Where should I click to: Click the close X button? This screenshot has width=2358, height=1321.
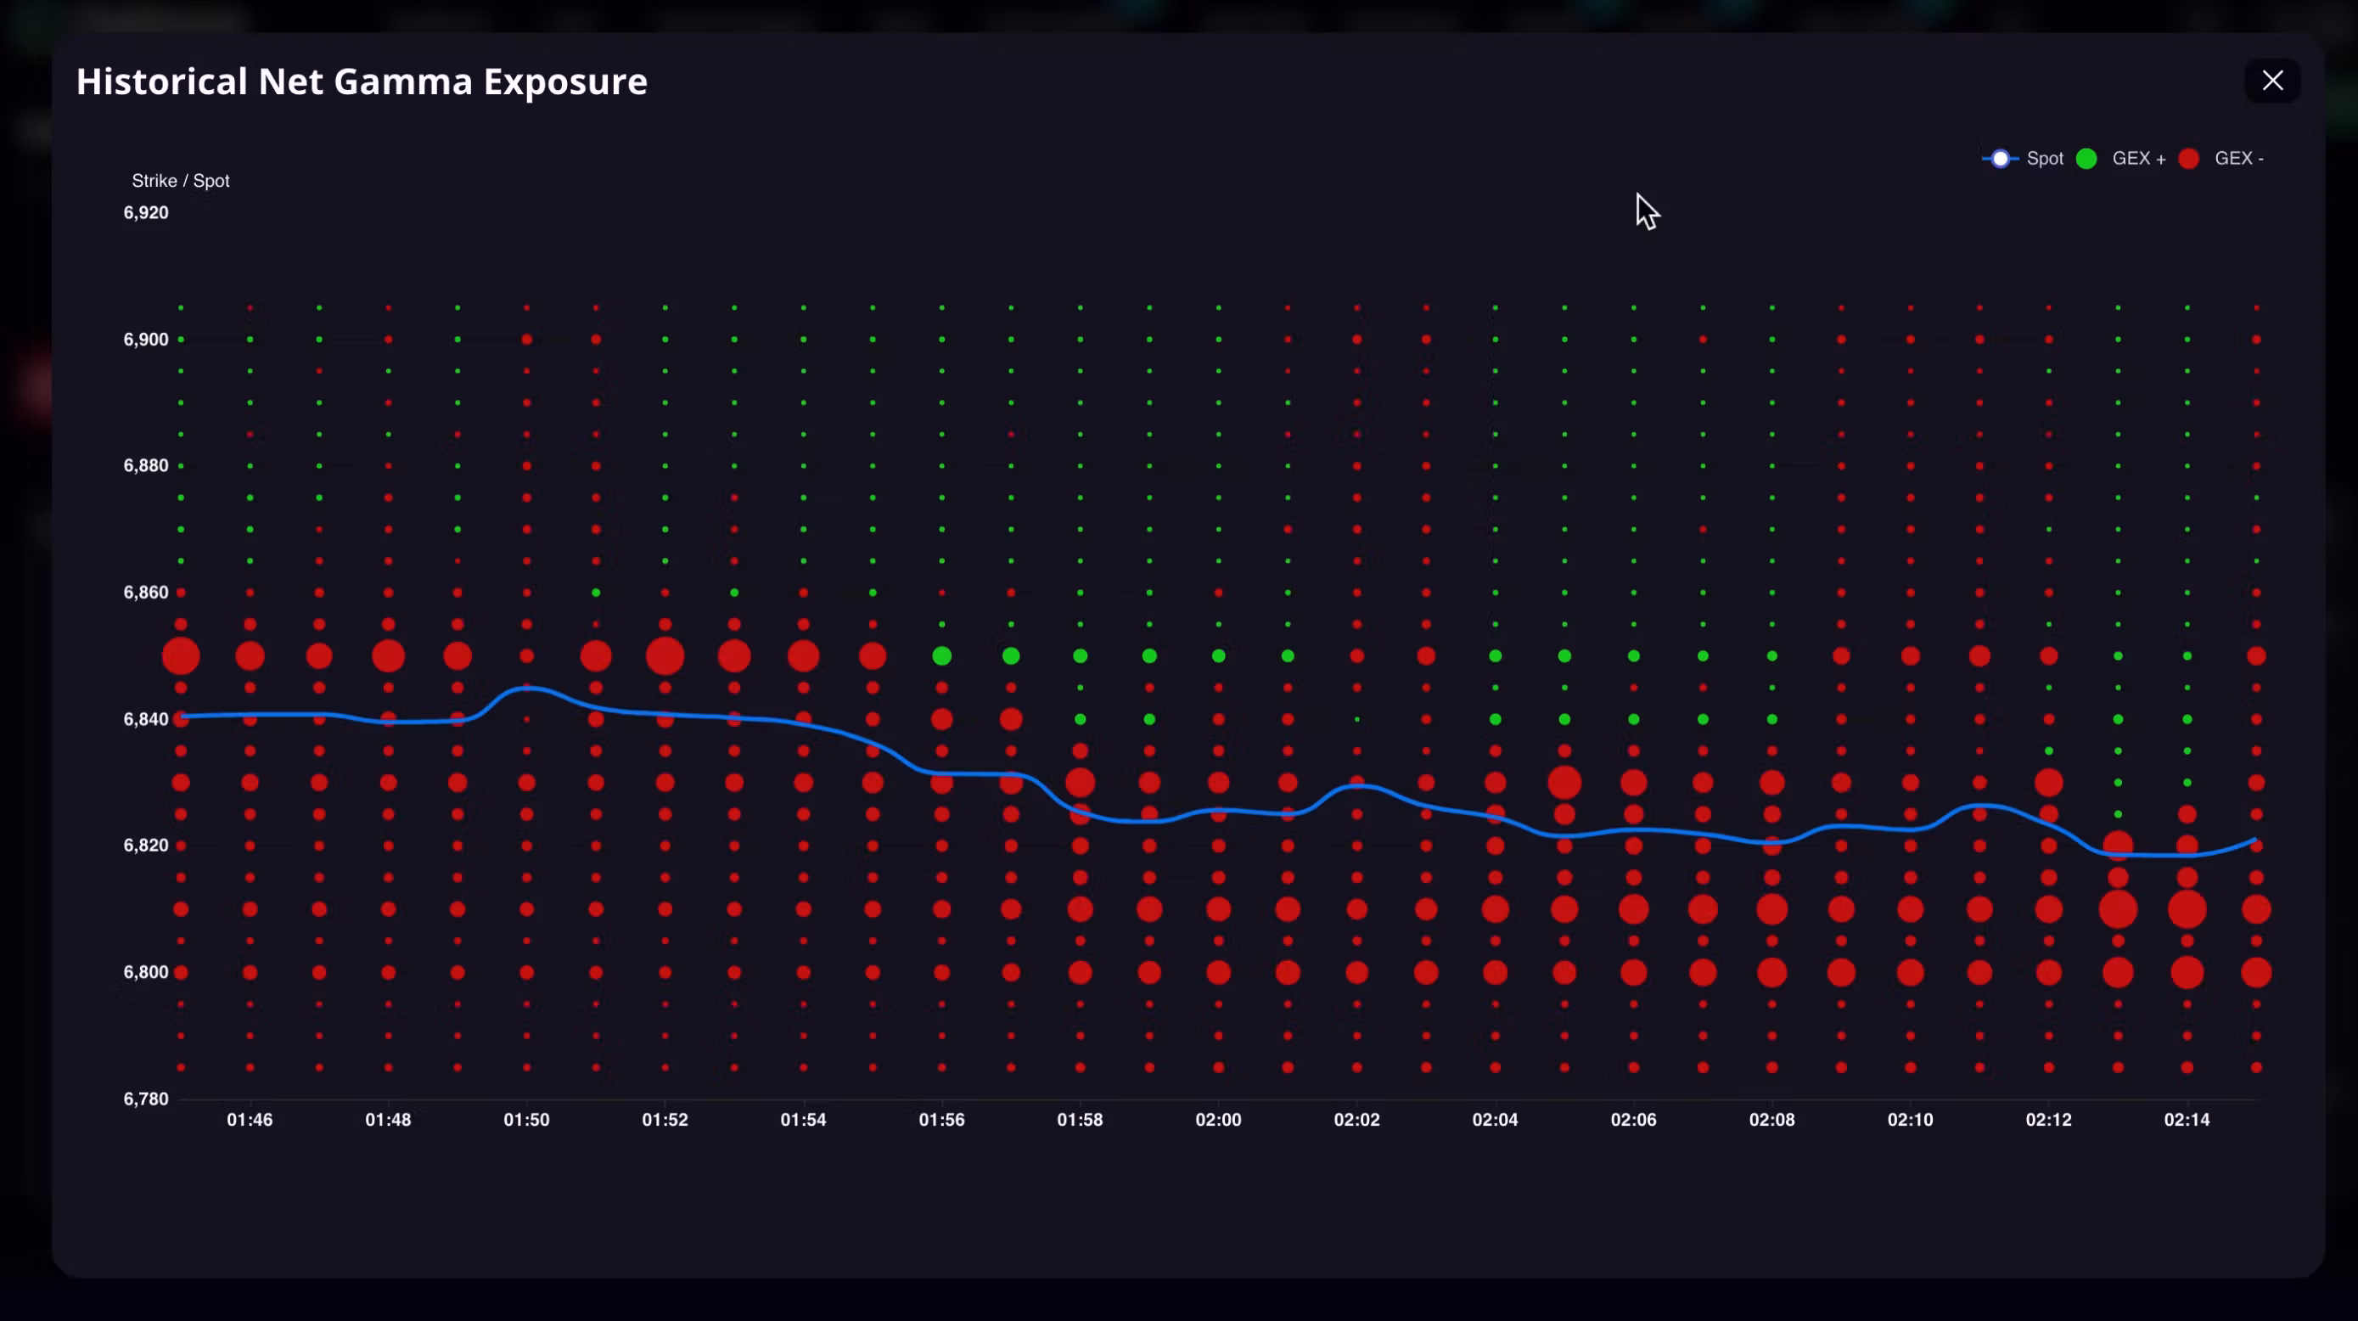pos(2272,81)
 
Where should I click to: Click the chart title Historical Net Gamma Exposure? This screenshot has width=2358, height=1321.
pos(362,82)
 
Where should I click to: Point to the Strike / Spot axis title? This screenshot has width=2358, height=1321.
pos(180,180)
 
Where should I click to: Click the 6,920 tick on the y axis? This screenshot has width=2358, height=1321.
pos(147,212)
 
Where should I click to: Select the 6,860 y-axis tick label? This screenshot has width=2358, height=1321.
pos(147,593)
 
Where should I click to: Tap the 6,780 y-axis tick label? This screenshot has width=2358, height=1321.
pos(147,1099)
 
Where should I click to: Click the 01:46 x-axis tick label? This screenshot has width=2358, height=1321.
pos(250,1120)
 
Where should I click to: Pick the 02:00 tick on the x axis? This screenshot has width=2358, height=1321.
pos(1218,1120)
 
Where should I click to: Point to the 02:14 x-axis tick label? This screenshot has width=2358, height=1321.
pos(2187,1120)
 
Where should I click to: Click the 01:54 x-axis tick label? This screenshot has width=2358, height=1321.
pos(804,1120)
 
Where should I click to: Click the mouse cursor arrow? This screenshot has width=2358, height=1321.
pos(1646,211)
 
